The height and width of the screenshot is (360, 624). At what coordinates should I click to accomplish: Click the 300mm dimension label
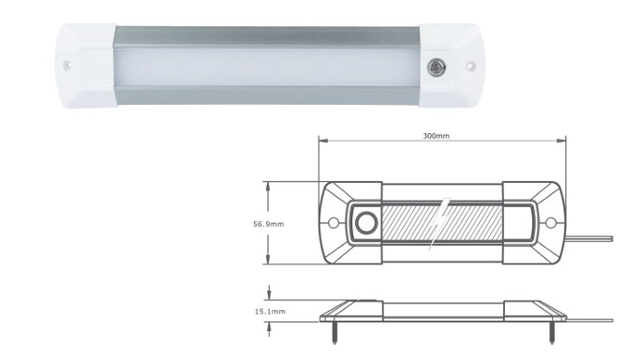(437, 137)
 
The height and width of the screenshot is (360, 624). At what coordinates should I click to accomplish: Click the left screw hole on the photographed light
(68, 67)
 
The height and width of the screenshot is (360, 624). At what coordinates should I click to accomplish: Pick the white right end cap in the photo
(456, 67)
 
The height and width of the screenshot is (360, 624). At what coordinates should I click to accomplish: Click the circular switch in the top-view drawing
(364, 224)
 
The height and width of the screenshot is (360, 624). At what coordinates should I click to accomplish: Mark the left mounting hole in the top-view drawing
(334, 224)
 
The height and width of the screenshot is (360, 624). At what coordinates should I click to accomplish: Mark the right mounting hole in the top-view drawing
(551, 224)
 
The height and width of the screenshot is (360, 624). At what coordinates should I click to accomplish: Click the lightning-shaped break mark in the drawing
(440, 225)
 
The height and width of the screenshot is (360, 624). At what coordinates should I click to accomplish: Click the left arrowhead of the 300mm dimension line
(324, 142)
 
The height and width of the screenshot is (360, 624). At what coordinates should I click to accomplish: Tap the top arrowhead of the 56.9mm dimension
(270, 186)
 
